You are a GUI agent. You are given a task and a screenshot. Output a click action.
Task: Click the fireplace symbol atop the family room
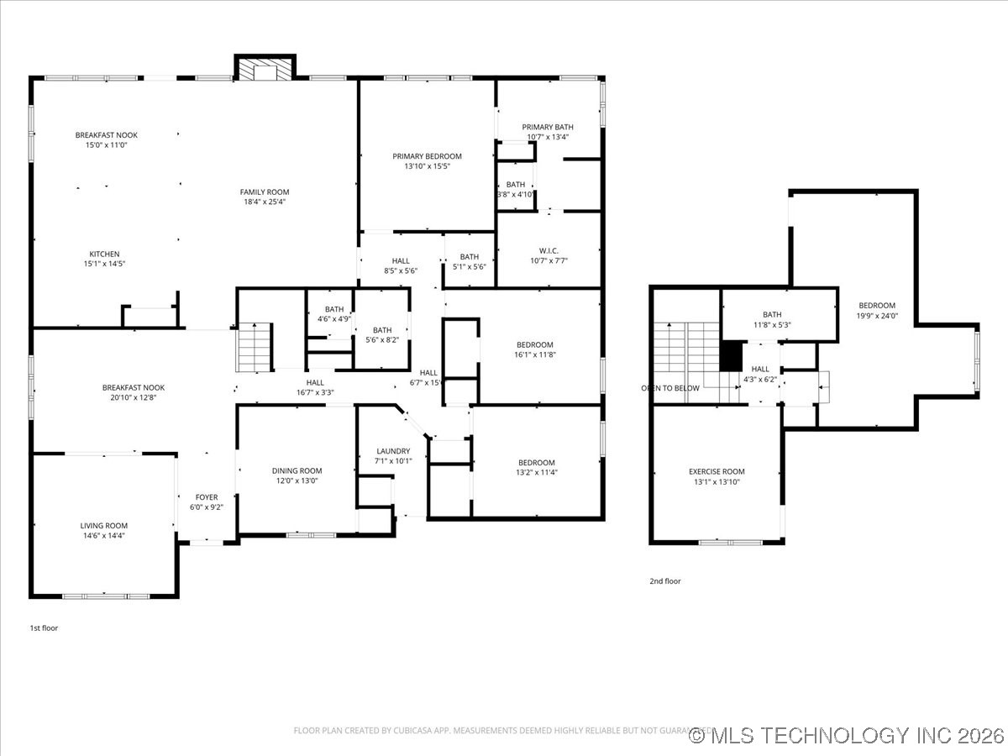tap(266, 69)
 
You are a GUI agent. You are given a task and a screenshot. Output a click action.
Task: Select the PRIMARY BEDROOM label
tap(427, 156)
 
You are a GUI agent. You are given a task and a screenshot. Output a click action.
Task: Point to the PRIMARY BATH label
tap(548, 127)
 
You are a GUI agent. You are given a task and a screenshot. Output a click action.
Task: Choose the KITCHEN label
tap(105, 254)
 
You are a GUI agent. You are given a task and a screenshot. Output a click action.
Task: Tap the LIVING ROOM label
tap(104, 526)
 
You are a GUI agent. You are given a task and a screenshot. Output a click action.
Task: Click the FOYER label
tap(207, 497)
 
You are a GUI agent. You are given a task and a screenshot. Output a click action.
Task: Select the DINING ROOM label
tap(297, 470)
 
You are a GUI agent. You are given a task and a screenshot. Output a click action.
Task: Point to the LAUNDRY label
tap(393, 451)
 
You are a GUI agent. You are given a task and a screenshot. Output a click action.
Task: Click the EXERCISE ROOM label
tap(717, 471)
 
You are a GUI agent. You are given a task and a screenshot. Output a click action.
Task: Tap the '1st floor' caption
tap(44, 627)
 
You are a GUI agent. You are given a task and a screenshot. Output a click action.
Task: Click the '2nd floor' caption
tap(664, 580)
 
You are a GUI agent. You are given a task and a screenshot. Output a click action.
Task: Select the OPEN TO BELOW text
tap(669, 388)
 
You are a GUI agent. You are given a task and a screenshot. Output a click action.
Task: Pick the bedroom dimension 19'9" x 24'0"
tap(876, 316)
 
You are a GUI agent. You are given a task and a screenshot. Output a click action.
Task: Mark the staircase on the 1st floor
tap(255, 347)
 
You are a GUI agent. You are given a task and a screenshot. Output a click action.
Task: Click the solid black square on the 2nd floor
tap(732, 355)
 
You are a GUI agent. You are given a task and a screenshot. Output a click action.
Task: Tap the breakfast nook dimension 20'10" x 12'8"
tap(134, 397)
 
